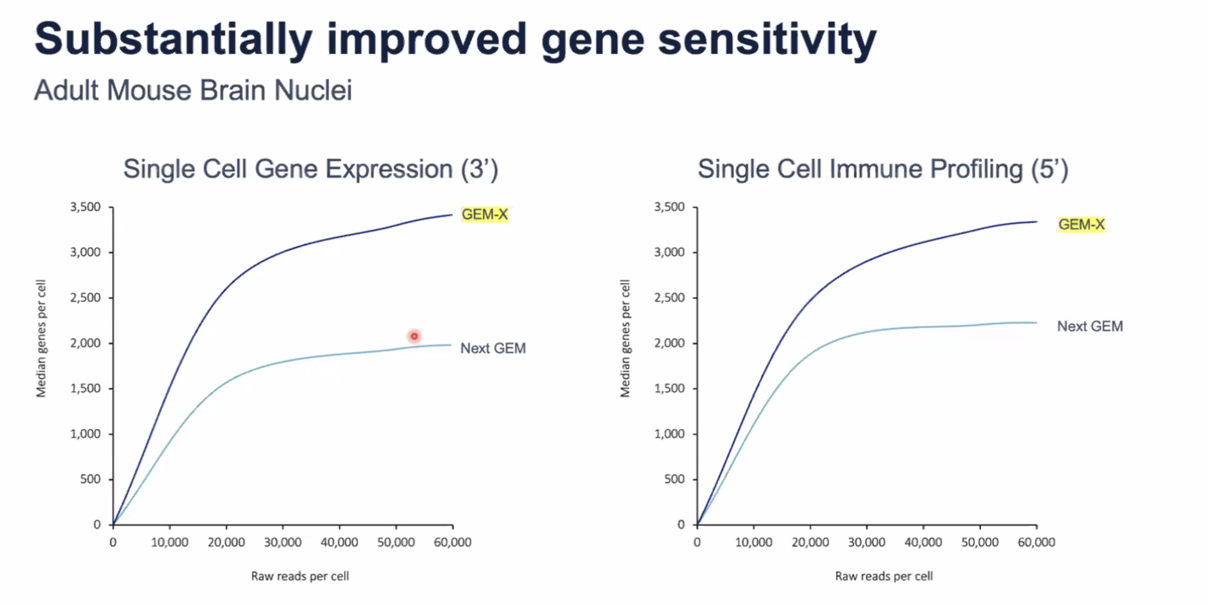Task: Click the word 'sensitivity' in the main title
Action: [x=766, y=40]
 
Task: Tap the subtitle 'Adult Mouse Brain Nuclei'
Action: [x=193, y=90]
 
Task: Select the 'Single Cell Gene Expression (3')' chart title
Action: [x=310, y=169]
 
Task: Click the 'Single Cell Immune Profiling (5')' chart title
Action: [x=883, y=169]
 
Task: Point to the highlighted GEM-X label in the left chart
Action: [x=484, y=215]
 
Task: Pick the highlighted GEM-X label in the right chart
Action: [x=1081, y=224]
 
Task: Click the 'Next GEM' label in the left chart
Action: [x=493, y=348]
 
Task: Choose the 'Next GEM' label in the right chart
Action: [x=1090, y=326]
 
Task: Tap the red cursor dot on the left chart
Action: [x=414, y=336]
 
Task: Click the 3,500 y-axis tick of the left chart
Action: [x=85, y=207]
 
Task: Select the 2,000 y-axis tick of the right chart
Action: [x=669, y=343]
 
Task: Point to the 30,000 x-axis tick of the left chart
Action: [x=283, y=542]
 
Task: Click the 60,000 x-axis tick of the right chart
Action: [x=1036, y=542]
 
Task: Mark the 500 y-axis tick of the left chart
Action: [x=90, y=479]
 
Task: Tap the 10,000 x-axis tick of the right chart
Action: [x=753, y=542]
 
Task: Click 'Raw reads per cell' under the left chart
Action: [x=300, y=576]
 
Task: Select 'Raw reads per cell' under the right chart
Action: [x=884, y=576]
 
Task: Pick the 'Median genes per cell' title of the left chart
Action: [x=41, y=338]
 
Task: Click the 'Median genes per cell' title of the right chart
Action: [x=625, y=338]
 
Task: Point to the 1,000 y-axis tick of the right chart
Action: [x=669, y=434]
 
